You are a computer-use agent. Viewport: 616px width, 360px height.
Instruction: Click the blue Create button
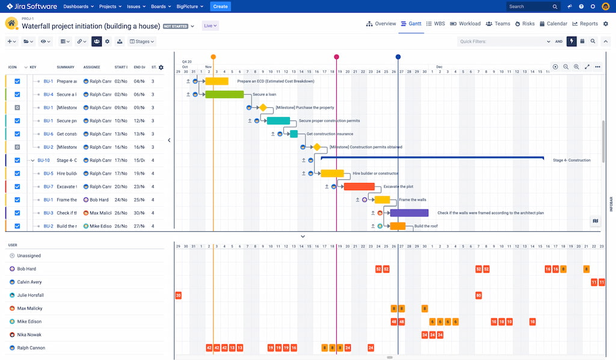click(x=220, y=7)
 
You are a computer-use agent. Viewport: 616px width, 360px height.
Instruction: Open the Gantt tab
click(x=410, y=24)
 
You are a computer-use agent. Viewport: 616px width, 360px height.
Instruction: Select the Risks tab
click(x=525, y=24)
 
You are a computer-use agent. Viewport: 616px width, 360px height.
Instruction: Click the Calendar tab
click(x=553, y=24)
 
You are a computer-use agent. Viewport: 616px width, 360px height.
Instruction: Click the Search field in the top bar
click(x=532, y=7)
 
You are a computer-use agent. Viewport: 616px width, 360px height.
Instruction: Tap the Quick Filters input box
click(x=502, y=42)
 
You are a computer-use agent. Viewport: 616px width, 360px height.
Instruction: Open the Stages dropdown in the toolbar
click(x=142, y=42)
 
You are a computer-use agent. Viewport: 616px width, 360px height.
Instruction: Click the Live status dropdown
click(x=211, y=26)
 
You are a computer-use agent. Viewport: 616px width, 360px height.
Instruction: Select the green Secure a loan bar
click(x=224, y=95)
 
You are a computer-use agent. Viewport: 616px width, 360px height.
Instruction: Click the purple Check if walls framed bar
click(x=409, y=213)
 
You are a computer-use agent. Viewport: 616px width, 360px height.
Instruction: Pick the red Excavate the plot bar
click(x=359, y=187)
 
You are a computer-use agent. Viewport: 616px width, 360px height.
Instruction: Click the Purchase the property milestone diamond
click(x=263, y=108)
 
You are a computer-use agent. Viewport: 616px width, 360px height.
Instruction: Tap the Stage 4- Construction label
click(x=571, y=160)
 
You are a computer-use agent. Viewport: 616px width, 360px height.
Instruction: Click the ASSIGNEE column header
click(x=91, y=67)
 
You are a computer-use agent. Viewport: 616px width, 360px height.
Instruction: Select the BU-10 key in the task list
click(x=43, y=161)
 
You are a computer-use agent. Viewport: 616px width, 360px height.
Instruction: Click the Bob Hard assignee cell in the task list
click(x=97, y=200)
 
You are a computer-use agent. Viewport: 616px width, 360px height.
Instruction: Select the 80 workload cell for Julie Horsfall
click(x=478, y=296)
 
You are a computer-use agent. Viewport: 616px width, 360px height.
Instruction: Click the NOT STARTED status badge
click(x=175, y=26)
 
